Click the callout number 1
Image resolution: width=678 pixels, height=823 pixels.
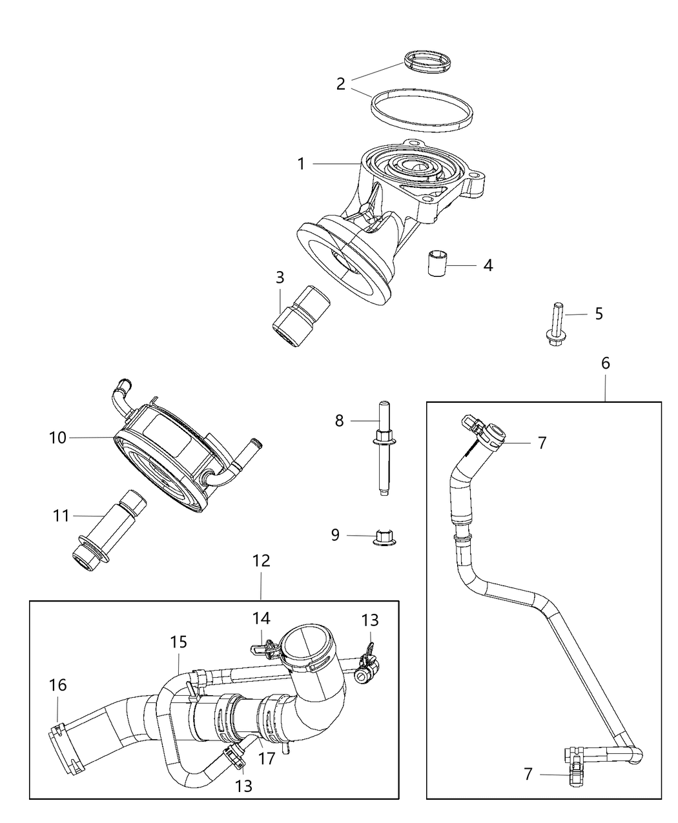301,164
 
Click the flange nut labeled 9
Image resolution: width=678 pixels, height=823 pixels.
386,536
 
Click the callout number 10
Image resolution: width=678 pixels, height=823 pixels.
57,438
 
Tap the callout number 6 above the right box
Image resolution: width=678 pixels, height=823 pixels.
605,363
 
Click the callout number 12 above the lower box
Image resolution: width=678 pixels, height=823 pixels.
261,560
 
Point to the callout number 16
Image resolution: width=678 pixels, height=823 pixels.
58,685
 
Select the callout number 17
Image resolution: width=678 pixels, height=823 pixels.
266,758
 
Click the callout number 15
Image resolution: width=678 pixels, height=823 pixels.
179,642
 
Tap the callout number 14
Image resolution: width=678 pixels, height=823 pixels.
261,618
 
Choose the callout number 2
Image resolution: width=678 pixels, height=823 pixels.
341,83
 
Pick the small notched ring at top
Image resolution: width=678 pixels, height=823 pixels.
427,61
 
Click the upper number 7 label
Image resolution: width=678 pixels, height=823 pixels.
542,443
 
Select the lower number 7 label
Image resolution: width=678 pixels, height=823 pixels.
528,773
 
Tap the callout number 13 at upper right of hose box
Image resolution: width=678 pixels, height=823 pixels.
370,620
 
